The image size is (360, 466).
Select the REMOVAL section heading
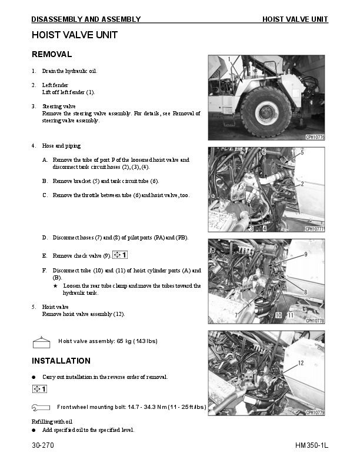click(x=52, y=54)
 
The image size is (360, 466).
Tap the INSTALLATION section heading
click(x=61, y=361)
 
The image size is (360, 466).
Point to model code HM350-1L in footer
click(x=311, y=446)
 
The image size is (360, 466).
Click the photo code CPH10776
click(x=315, y=137)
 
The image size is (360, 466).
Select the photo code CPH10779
click(x=315, y=412)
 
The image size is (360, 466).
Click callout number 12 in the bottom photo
click(x=301, y=364)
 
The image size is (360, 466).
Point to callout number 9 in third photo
click(x=306, y=255)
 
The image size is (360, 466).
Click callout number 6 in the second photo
click(x=264, y=152)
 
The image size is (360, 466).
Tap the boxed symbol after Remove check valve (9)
click(x=120, y=255)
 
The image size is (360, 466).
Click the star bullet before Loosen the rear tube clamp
click(x=55, y=285)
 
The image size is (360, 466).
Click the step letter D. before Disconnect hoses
click(x=45, y=238)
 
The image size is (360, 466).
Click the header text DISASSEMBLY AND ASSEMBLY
click(x=86, y=19)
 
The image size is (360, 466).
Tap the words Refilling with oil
click(x=52, y=421)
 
